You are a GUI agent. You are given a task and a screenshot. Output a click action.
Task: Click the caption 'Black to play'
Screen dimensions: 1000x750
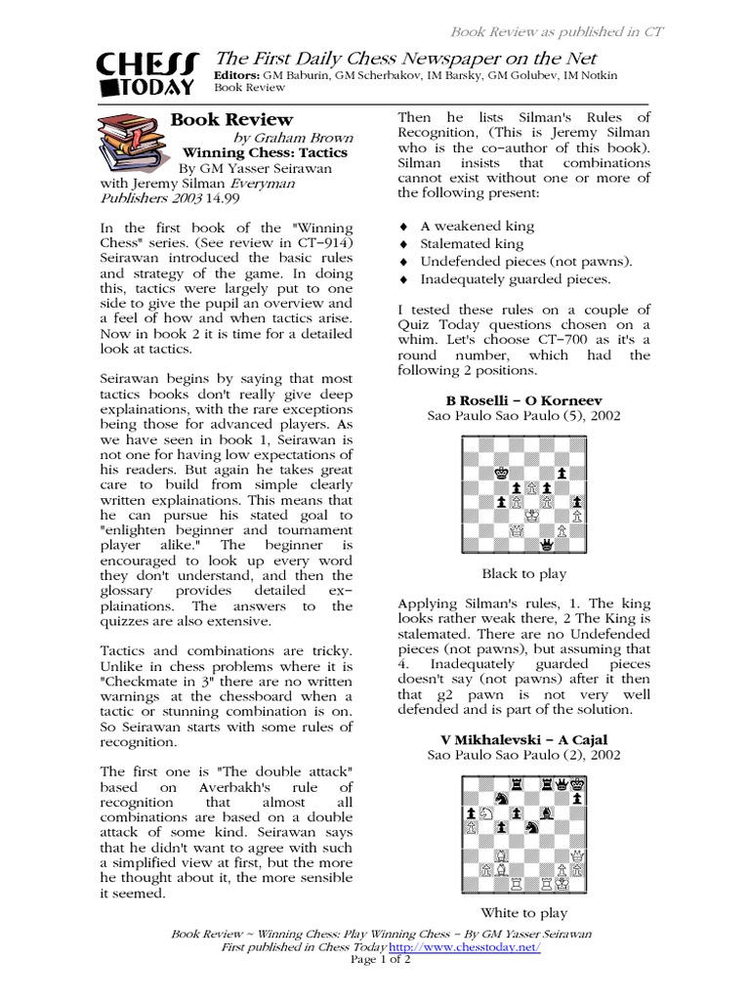click(x=523, y=574)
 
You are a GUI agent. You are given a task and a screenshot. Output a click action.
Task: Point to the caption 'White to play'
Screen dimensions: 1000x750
click(x=523, y=913)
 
